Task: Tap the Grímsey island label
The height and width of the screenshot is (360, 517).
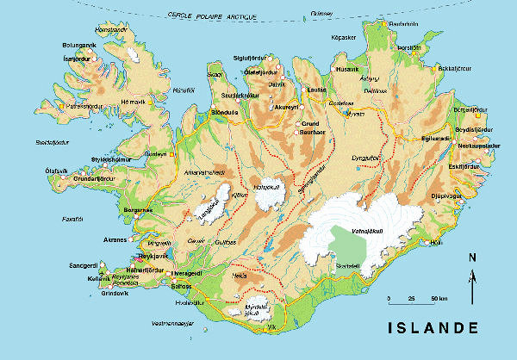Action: (321, 14)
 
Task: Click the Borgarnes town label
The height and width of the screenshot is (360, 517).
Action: (138, 209)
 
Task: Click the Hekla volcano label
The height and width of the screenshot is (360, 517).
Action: (240, 276)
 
